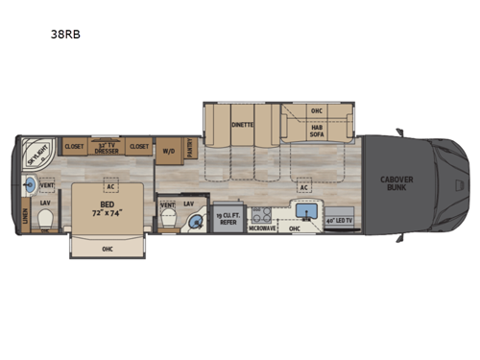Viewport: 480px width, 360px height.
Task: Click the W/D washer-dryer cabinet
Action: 168,151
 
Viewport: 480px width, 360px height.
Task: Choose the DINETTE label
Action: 242,125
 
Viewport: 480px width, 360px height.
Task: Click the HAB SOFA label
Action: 317,132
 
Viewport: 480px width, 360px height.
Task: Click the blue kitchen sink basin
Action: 308,210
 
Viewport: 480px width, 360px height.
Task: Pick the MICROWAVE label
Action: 263,228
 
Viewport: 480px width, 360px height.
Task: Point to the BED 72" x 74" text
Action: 107,206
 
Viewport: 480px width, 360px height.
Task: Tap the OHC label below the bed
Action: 107,247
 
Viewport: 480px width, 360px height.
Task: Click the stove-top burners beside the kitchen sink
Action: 262,213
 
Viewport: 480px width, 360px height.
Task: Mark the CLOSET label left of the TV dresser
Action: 73,148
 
